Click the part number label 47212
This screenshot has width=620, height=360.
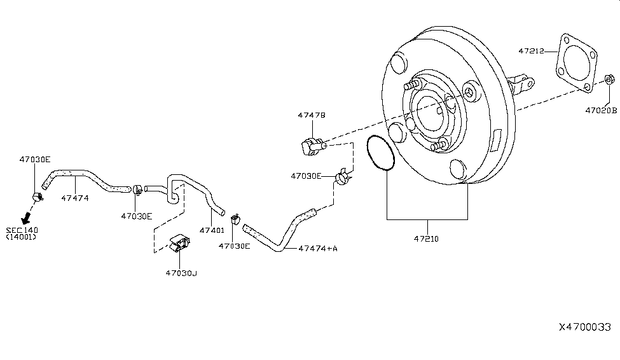pyautogui.click(x=531, y=51)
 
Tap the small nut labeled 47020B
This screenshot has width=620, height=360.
pyautogui.click(x=609, y=80)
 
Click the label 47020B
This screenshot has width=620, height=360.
pyautogui.click(x=601, y=111)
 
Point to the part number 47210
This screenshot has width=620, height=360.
pyautogui.click(x=426, y=239)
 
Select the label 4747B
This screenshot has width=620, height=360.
pyautogui.click(x=312, y=115)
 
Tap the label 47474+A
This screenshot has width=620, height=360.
pyautogui.click(x=318, y=249)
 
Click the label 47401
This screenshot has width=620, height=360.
pyautogui.click(x=212, y=230)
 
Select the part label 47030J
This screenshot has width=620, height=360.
pyautogui.click(x=181, y=273)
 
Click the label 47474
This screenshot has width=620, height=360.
pyautogui.click(x=75, y=198)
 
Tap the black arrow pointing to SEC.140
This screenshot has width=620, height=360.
pyautogui.click(x=26, y=217)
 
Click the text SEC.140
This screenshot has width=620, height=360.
pyautogui.click(x=22, y=230)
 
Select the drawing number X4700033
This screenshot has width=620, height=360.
pyautogui.click(x=585, y=327)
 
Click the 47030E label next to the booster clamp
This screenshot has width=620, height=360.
pyautogui.click(x=306, y=176)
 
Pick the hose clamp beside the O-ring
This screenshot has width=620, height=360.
pyautogui.click(x=343, y=176)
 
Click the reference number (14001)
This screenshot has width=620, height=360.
pyautogui.click(x=21, y=237)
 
